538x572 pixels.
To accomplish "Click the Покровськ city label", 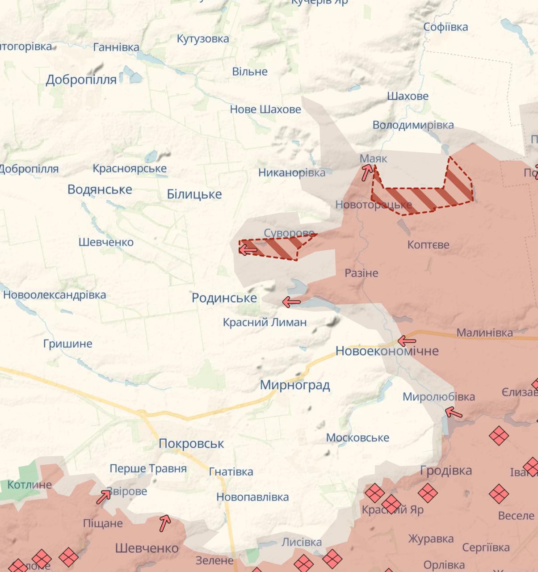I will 191,443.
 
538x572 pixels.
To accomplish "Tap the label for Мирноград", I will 295,385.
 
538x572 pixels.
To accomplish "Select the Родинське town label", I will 224,298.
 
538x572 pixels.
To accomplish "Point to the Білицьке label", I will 194,194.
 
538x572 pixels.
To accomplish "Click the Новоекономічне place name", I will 387,351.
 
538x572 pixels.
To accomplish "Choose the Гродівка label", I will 446,470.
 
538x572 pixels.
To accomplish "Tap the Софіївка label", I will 446,27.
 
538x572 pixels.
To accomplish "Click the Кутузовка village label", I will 203,39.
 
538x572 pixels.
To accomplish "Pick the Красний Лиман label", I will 265,322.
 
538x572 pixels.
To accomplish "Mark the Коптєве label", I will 428,245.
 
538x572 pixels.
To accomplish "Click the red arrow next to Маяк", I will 367,172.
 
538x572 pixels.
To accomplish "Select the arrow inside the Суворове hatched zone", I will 248,249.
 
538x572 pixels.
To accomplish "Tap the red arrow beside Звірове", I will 104,496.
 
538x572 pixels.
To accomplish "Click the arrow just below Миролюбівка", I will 454,412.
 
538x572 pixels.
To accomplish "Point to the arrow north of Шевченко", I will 165,523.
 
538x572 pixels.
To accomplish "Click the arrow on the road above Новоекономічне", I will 407,341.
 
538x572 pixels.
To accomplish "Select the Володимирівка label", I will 413,125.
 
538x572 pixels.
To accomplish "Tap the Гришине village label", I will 68,344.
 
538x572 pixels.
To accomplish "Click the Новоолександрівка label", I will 55,295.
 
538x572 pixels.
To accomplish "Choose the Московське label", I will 357,437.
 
